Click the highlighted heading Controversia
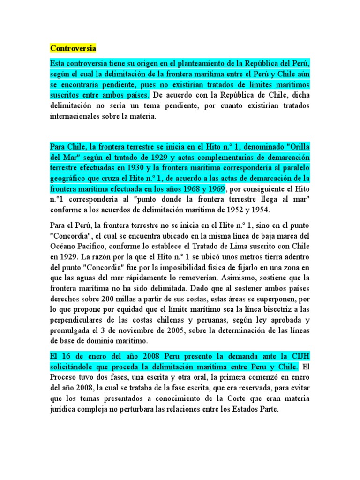73,48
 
